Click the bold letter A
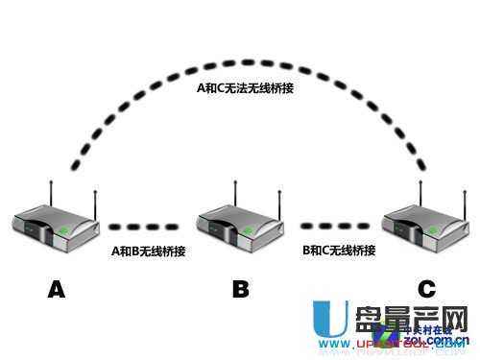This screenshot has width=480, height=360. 56,288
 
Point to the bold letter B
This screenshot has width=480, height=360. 241,288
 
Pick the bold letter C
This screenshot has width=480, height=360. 425,288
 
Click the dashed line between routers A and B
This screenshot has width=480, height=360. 144,228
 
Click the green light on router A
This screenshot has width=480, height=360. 65,230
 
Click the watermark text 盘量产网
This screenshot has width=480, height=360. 402,321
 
